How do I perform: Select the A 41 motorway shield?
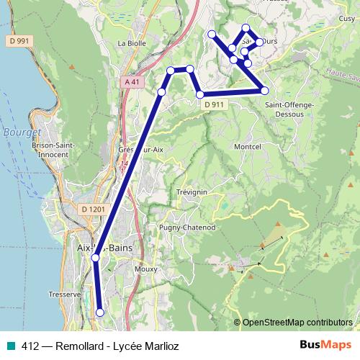(131, 82)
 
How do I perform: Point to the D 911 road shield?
(213, 104)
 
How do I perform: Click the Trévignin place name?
(191, 192)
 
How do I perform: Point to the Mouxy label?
(145, 270)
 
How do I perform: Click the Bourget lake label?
(19, 133)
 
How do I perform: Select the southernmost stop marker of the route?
(99, 312)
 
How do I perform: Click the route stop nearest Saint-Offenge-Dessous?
(264, 90)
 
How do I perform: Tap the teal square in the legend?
(10, 345)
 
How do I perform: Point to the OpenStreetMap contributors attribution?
(297, 322)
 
